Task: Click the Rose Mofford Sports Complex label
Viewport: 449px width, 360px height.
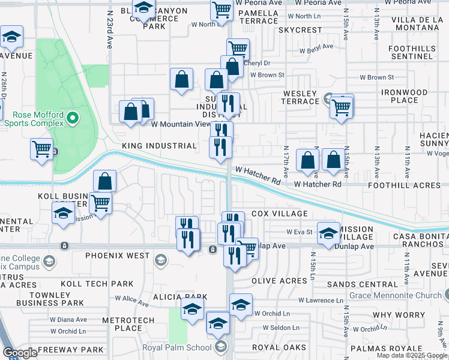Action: click(34, 118)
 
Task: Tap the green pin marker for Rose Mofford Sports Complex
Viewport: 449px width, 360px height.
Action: click(73, 118)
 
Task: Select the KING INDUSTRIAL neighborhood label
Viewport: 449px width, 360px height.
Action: click(159, 146)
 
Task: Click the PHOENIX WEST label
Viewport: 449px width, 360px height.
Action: click(117, 256)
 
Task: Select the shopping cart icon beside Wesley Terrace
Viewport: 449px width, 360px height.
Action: click(342, 108)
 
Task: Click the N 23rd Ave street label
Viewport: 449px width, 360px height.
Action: click(110, 30)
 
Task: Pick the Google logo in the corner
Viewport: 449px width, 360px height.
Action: click(20, 353)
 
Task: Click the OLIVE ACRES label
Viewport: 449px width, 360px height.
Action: click(279, 281)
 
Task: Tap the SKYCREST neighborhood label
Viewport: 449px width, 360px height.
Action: click(300, 30)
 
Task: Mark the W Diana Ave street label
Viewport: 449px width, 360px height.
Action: click(68, 320)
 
